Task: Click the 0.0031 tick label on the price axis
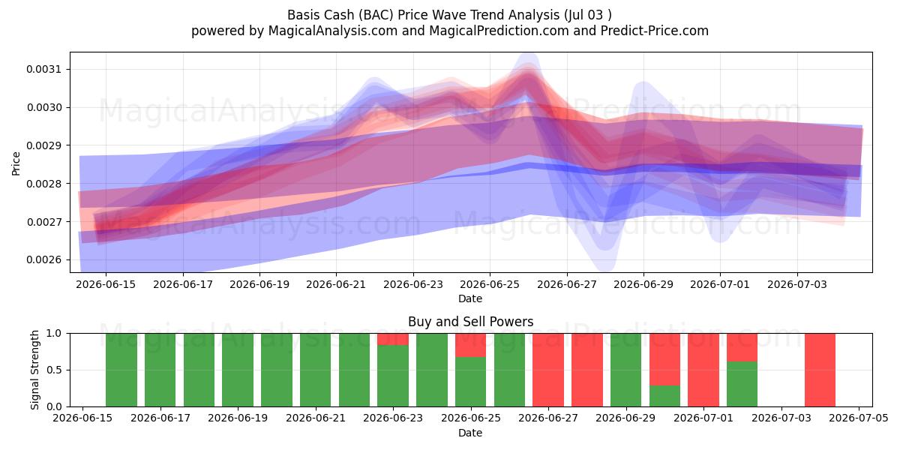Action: pyautogui.click(x=43, y=70)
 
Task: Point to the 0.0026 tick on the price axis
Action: pyautogui.click(x=43, y=260)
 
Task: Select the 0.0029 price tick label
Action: pyautogui.click(x=43, y=145)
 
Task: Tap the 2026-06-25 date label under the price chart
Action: pyautogui.click(x=490, y=284)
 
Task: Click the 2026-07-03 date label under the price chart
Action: pyautogui.click(x=797, y=284)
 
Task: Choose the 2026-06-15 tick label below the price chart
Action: pyautogui.click(x=106, y=284)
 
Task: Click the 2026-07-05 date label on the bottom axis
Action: pyautogui.click(x=859, y=418)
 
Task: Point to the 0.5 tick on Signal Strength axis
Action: pyautogui.click(x=54, y=370)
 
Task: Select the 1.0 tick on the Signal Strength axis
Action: pyautogui.click(x=54, y=334)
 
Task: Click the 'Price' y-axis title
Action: pyautogui.click(x=16, y=163)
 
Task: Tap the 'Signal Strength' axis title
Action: pyautogui.click(x=35, y=370)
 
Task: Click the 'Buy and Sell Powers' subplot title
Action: pyautogui.click(x=470, y=322)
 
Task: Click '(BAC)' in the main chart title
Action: pyautogui.click(x=376, y=15)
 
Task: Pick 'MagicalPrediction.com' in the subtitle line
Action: pyautogui.click(x=499, y=31)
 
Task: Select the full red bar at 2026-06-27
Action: pyautogui.click(x=548, y=370)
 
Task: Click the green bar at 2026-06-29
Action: pyautogui.click(x=626, y=370)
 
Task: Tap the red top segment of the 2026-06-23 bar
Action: pyautogui.click(x=392, y=339)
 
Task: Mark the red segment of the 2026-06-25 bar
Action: pyautogui.click(x=470, y=345)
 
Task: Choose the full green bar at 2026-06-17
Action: pyautogui.click(x=160, y=370)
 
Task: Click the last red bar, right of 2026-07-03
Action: pyautogui.click(x=820, y=370)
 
